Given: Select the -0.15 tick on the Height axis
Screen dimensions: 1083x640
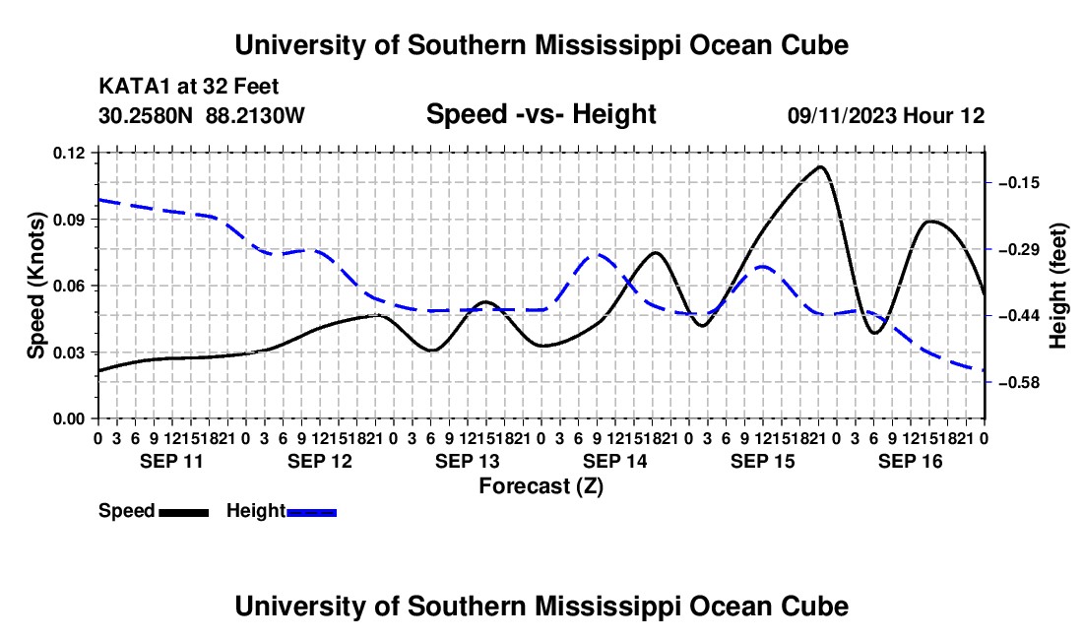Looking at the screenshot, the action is tap(1019, 183).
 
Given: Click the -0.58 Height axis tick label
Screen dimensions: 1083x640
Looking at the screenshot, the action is tap(1019, 382).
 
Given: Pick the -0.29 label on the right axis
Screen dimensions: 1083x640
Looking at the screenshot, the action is tap(1019, 249).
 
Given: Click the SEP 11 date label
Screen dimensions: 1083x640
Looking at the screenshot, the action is tap(172, 461).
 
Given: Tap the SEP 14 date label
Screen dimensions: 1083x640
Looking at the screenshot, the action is tap(614, 461).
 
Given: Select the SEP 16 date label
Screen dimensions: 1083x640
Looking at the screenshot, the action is tap(911, 461).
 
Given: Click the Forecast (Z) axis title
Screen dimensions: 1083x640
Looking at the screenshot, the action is tap(541, 486).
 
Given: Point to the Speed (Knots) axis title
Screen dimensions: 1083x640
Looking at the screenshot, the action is tap(35, 286).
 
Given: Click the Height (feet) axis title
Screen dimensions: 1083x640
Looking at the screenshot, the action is tap(1058, 286).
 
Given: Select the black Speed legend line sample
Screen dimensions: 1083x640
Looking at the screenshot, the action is tap(184, 513).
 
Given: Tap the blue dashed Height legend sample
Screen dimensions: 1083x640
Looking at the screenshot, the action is tap(311, 513).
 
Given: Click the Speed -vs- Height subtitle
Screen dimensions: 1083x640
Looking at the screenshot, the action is tap(541, 114).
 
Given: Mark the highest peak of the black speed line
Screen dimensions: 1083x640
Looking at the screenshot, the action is tap(820, 166).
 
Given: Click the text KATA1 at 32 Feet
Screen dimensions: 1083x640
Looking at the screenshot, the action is tap(189, 87).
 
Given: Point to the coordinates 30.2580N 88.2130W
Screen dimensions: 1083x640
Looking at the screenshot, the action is tap(202, 115).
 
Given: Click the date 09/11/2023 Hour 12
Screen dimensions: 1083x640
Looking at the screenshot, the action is tap(886, 115).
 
